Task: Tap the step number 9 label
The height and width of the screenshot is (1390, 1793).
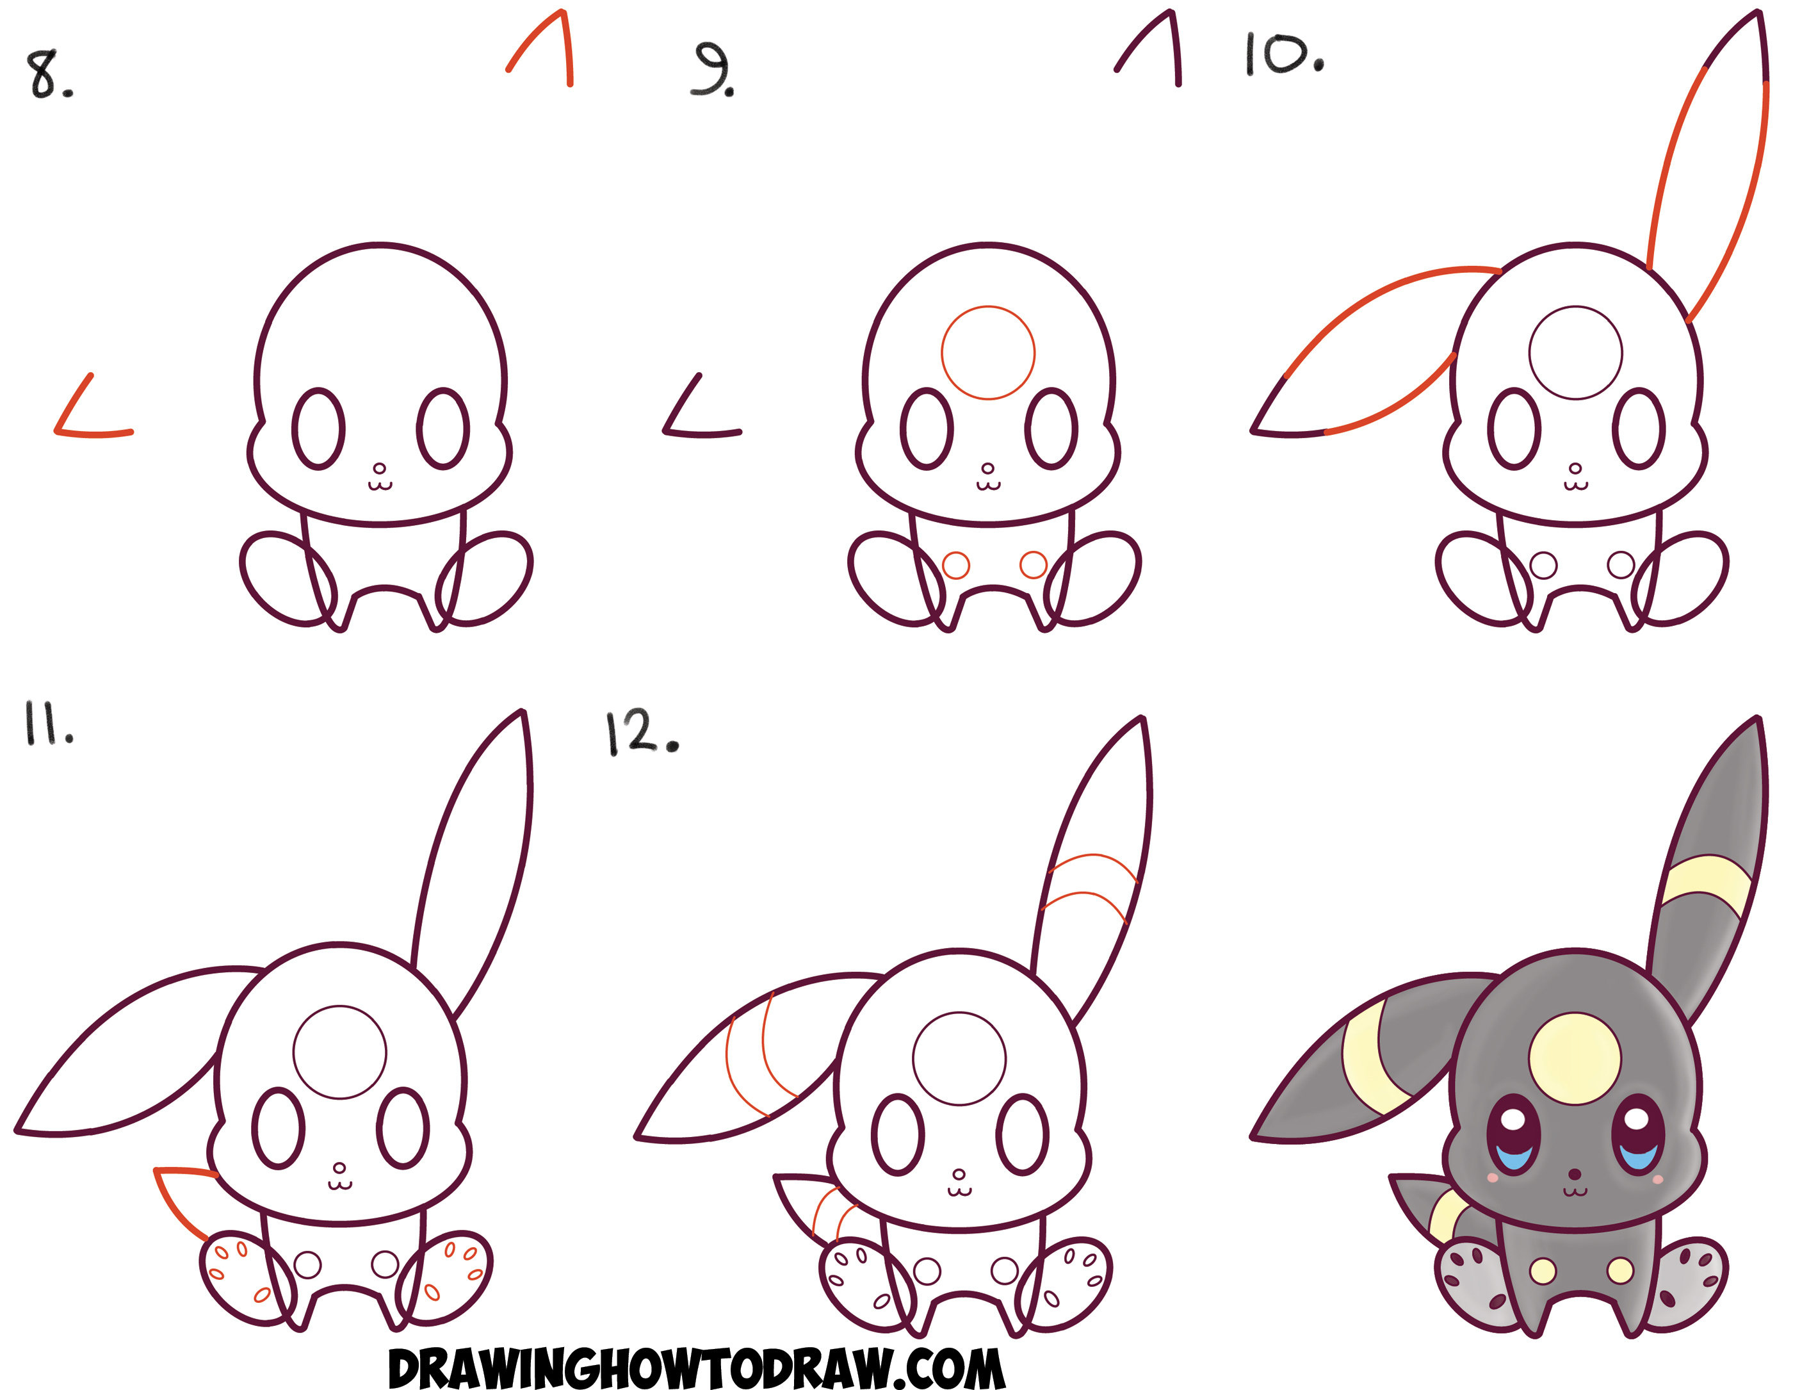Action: coord(713,70)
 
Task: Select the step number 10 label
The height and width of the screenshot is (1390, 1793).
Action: coord(1283,56)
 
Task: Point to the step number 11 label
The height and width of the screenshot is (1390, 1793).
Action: coord(47,723)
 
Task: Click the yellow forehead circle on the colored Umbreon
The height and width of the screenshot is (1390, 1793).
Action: coord(1575,1058)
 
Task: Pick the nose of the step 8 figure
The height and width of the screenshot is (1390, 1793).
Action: coord(379,469)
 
